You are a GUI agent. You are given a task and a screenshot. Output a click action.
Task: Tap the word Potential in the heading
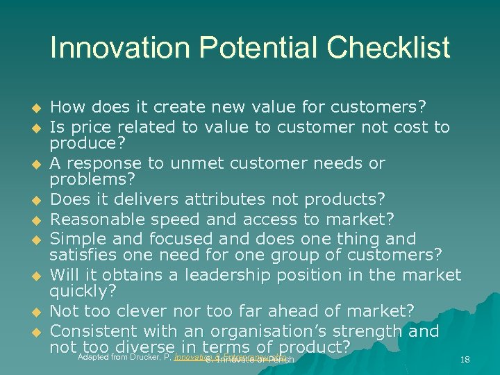pos(256,49)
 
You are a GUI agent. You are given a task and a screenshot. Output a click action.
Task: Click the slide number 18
pos(465,358)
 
